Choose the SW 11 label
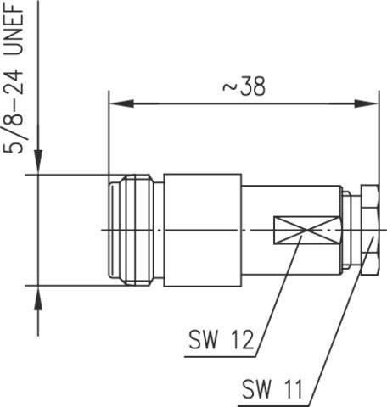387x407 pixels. point(272,391)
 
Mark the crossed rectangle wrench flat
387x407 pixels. point(306,230)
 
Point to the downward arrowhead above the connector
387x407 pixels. point(37,164)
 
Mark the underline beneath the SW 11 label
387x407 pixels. point(272,404)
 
